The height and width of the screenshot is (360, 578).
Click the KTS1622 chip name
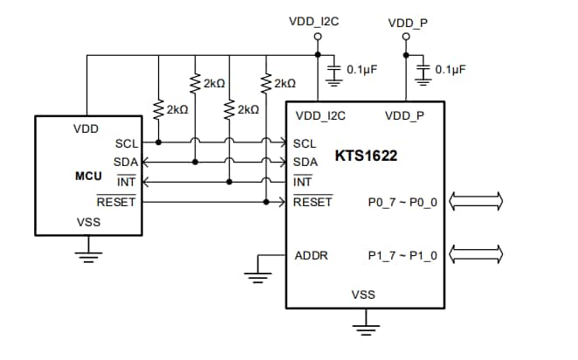366,157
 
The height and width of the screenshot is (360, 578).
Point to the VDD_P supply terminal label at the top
408,22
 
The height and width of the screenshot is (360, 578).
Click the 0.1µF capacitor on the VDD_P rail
424,70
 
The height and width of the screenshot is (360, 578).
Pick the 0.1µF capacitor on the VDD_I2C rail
333,70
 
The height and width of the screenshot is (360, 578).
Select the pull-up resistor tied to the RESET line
265,83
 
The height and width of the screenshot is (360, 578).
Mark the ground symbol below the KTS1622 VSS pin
363,329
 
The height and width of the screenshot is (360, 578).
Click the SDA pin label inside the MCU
125,162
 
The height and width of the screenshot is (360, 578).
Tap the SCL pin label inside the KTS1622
305,143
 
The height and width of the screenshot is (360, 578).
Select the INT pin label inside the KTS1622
302,182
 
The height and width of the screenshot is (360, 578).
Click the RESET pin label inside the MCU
116,202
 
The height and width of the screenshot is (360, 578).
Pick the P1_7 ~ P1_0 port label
403,255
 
